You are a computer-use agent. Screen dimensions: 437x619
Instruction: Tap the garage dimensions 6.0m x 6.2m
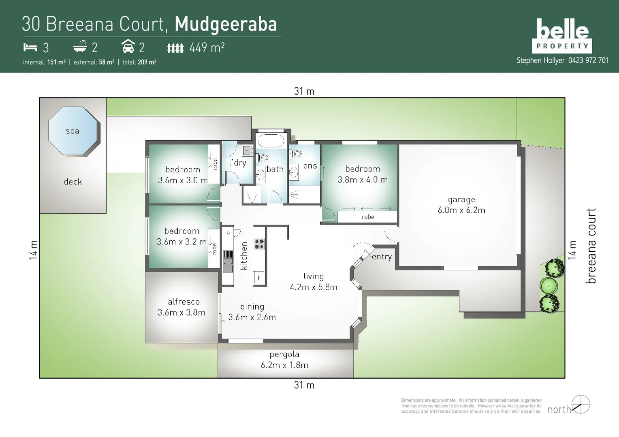(461, 210)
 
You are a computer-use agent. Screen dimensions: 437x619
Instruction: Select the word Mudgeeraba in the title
(226, 24)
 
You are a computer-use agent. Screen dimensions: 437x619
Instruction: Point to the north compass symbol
(581, 404)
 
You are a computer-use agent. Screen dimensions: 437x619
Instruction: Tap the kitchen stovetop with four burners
(259, 244)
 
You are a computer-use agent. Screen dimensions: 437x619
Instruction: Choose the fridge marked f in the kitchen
(258, 278)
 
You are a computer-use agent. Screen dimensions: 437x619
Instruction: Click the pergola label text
(284, 354)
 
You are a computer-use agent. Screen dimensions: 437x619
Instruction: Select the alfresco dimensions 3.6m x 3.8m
(181, 312)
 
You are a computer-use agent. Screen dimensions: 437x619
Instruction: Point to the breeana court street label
(591, 246)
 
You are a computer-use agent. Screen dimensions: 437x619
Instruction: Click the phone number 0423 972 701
(588, 60)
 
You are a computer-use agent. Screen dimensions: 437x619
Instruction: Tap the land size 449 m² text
(207, 48)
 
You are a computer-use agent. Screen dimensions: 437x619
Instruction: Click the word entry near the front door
(382, 257)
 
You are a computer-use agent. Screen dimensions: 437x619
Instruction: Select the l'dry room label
(237, 163)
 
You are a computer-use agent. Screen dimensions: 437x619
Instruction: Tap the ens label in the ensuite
(310, 166)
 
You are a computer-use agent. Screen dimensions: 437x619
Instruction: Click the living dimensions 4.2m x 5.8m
(314, 287)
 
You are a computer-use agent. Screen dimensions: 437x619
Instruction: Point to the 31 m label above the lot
(304, 91)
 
